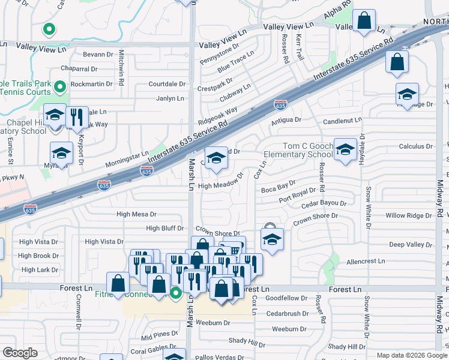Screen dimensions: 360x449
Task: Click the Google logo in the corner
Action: click(20, 353)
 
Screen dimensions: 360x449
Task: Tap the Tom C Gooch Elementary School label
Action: click(307, 151)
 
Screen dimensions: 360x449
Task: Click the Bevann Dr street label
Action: click(98, 54)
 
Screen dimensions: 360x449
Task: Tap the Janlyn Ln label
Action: click(170, 98)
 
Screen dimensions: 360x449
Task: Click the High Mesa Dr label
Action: click(136, 214)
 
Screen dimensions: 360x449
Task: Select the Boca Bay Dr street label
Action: click(279, 190)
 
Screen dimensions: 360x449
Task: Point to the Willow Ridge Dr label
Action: click(408, 215)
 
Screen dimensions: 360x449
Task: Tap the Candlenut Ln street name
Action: click(342, 121)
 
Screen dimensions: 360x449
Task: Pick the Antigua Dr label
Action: click(286, 120)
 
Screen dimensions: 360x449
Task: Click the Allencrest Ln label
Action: click(366, 262)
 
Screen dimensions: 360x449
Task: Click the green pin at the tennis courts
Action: click(60, 88)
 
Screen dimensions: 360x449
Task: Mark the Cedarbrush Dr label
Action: click(287, 313)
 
